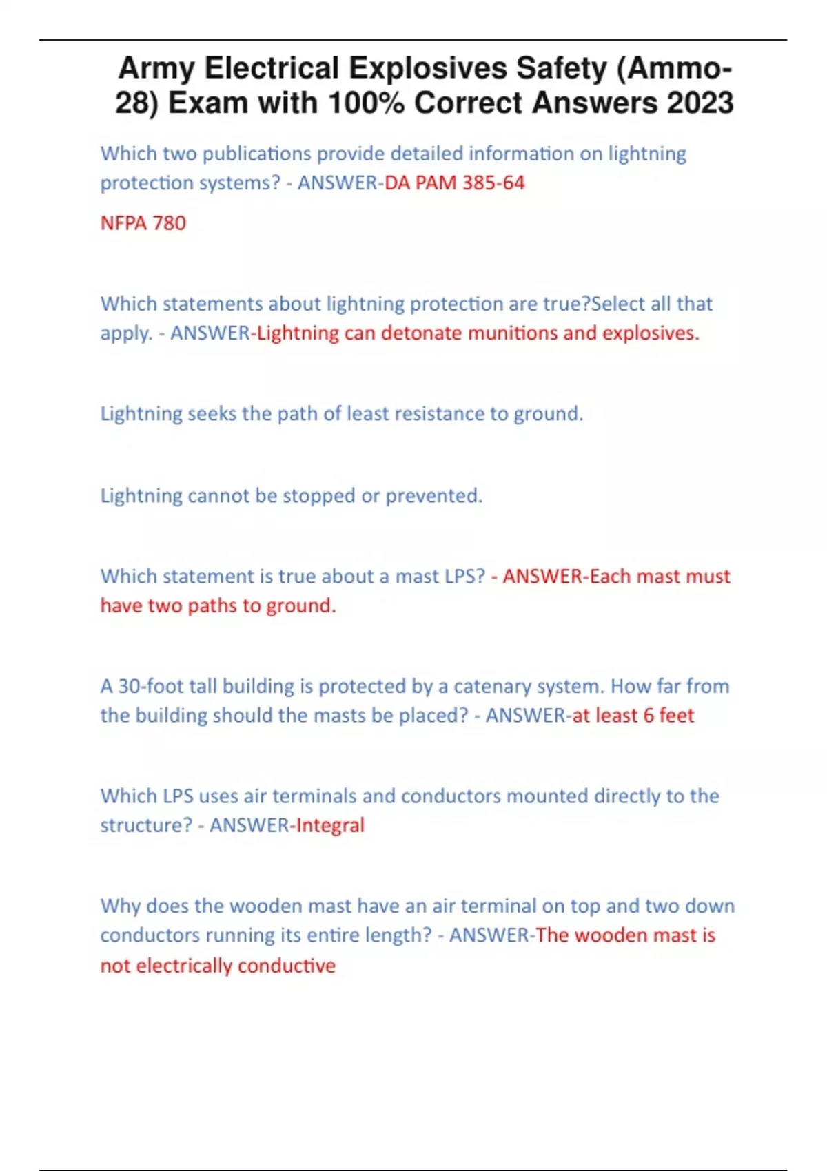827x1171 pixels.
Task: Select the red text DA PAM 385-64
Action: coord(455,183)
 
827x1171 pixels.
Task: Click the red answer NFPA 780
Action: coord(143,223)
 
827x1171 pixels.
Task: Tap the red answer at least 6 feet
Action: coord(633,716)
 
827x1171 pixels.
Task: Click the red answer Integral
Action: coord(330,825)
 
